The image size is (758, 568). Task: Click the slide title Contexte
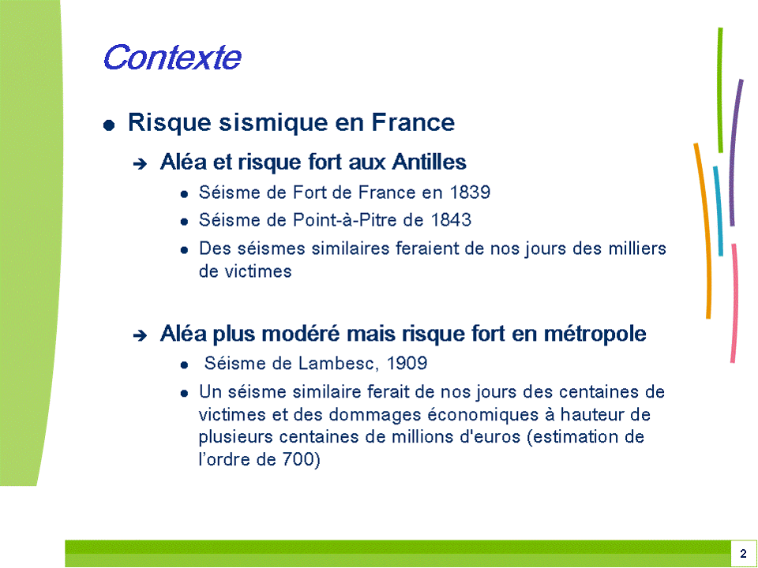[172, 58]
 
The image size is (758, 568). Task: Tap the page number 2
[743, 554]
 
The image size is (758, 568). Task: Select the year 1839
[470, 192]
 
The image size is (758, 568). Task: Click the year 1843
[451, 220]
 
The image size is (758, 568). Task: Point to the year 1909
[407, 363]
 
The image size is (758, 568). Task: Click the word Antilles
[430, 161]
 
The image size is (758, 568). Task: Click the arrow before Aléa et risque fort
[140, 164]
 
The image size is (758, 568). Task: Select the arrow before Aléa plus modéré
[140, 336]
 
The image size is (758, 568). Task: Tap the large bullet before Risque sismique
[109, 125]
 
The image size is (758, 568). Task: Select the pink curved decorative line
[735, 303]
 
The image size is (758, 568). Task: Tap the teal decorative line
[719, 211]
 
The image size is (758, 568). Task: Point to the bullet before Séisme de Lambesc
[184, 365]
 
